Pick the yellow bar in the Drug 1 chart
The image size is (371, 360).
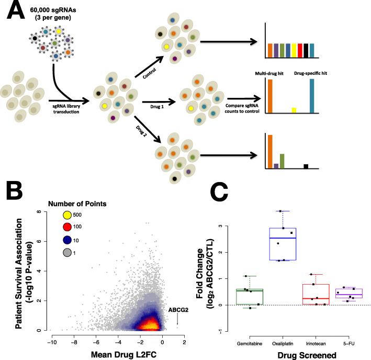[x=294, y=110]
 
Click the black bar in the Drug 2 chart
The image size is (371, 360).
[x=306, y=166]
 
